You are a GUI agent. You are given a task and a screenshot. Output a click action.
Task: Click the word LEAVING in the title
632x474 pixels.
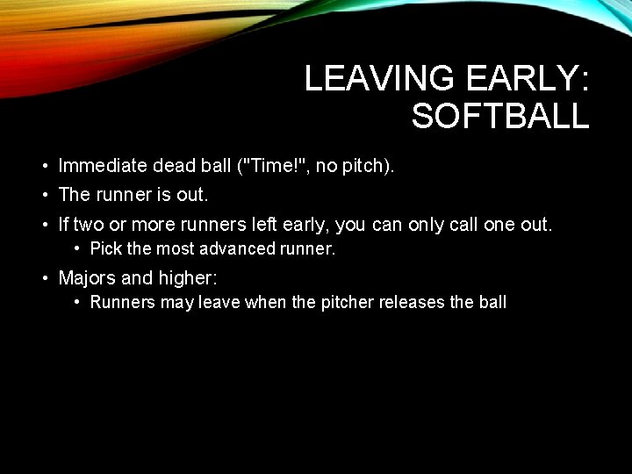tap(377, 80)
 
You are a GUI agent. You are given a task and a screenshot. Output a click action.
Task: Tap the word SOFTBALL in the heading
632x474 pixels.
tap(500, 117)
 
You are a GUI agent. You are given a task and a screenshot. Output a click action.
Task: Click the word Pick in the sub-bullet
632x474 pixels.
tap(106, 249)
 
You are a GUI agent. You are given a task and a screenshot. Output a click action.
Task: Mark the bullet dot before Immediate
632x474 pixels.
tap(44, 165)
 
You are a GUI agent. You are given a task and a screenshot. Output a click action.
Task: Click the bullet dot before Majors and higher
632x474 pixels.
tap(44, 279)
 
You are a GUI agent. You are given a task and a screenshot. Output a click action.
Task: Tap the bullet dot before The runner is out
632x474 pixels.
tap(44, 195)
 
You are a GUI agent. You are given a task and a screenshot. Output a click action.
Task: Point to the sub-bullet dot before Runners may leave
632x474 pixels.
tap(78, 303)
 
